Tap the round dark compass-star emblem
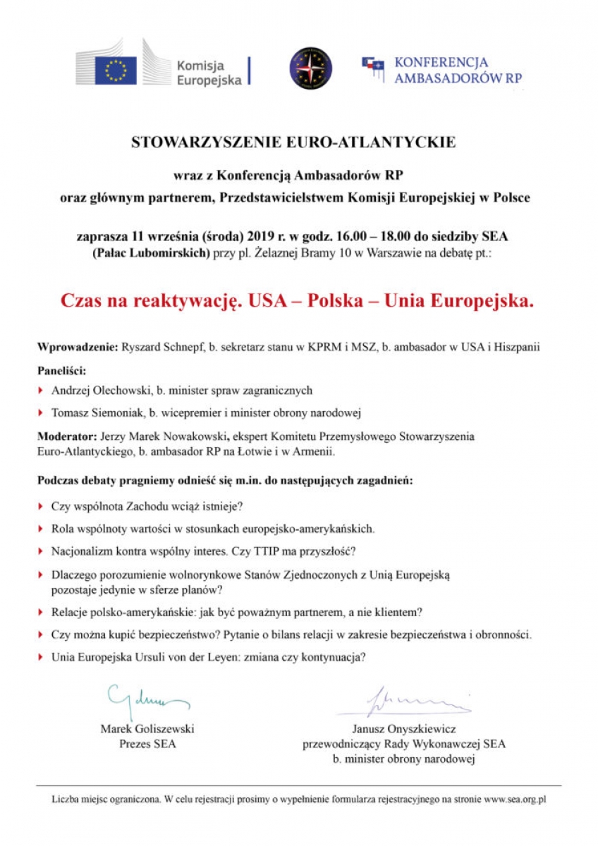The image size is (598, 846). pos(310,68)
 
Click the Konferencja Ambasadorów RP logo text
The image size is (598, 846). pos(458,70)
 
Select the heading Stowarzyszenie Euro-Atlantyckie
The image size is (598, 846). pos(294,142)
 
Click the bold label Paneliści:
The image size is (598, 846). pos(61,369)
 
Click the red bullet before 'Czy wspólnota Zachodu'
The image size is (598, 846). pos(41,506)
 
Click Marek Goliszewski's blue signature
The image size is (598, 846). pos(147,698)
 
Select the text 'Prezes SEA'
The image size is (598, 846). pos(147,744)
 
